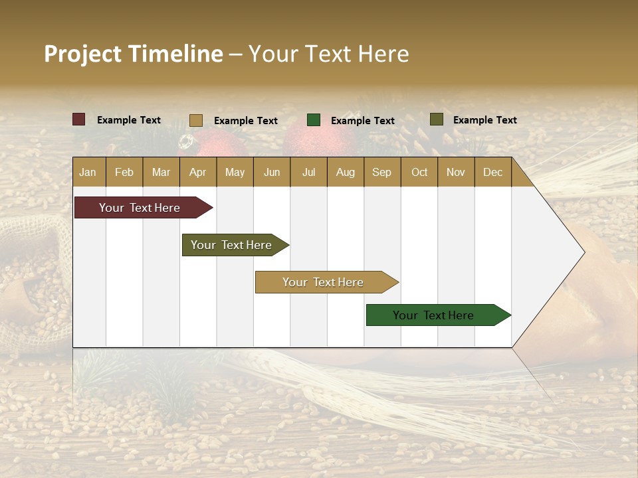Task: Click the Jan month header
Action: click(x=88, y=172)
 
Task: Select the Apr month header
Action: click(x=198, y=172)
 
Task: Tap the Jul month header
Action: click(x=308, y=172)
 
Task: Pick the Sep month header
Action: click(x=381, y=172)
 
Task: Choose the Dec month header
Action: click(x=492, y=172)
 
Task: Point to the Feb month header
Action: click(x=124, y=172)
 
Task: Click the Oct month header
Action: click(x=419, y=172)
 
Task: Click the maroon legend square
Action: click(x=79, y=119)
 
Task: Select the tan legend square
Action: click(x=196, y=120)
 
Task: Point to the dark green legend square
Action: click(x=314, y=120)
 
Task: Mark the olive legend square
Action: click(x=437, y=119)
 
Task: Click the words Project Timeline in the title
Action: click(x=134, y=54)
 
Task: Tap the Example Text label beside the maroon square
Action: click(x=129, y=120)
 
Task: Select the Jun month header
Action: click(x=272, y=172)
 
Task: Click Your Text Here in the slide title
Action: click(x=329, y=54)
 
